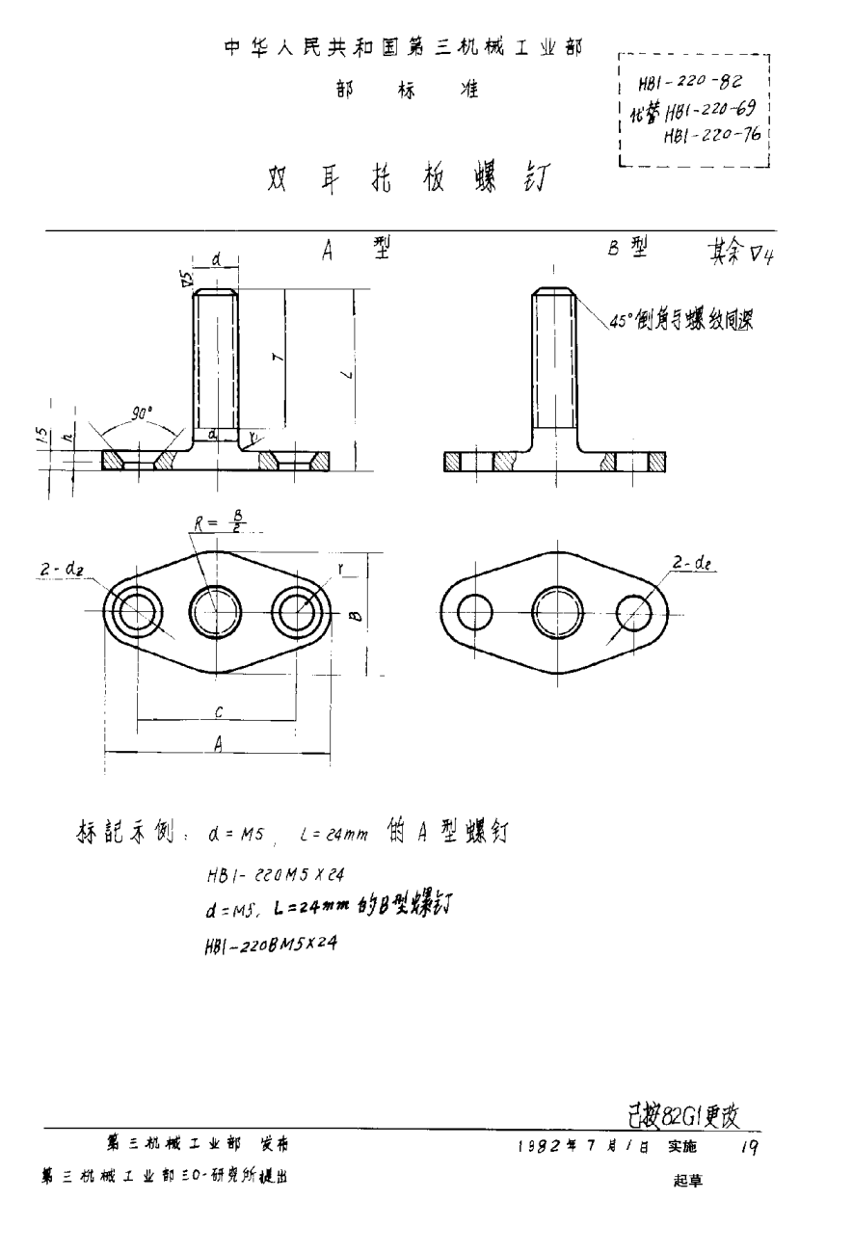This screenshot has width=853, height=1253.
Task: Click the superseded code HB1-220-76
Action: coord(713,136)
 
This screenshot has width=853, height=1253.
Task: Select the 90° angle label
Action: coord(145,414)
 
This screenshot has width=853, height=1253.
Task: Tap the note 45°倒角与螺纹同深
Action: coord(680,324)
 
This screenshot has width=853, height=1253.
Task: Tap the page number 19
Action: coord(750,1147)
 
